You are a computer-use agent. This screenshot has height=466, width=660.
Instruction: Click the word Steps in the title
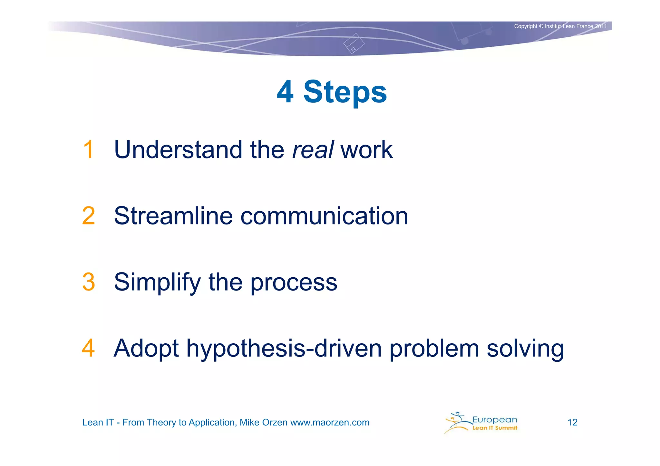tap(345, 92)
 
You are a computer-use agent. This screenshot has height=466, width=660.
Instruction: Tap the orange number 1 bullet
tap(88, 150)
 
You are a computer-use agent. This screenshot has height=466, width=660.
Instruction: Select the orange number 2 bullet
tap(88, 216)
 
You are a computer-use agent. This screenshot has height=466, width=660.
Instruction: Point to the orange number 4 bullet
tap(88, 348)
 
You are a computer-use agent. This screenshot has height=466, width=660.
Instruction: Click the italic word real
tap(312, 150)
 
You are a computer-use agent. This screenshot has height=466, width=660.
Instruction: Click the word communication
tap(324, 216)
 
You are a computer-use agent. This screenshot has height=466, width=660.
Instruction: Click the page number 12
tap(572, 423)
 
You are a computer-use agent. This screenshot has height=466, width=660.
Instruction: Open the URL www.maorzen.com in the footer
tap(330, 423)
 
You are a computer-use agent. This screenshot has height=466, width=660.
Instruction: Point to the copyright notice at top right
tap(560, 26)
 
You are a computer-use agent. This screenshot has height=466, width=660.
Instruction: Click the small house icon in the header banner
tap(354, 43)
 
